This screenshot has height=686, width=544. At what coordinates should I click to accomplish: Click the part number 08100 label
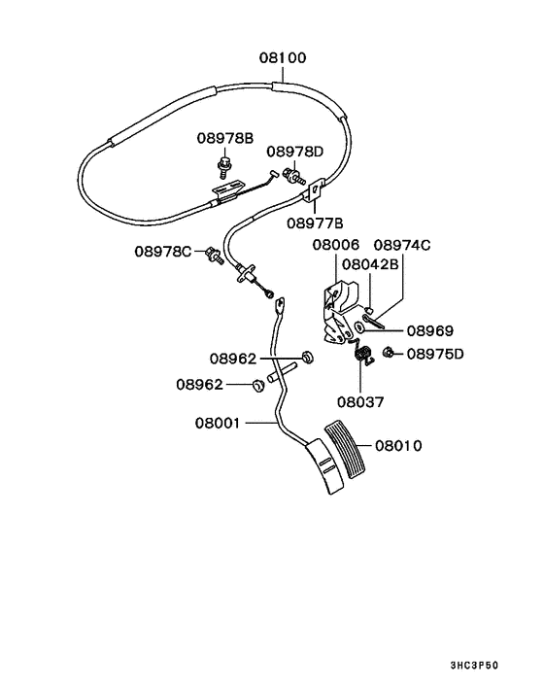coord(282,58)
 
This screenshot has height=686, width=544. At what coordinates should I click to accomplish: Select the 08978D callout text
coord(295,152)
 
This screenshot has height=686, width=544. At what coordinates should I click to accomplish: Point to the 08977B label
coord(315,222)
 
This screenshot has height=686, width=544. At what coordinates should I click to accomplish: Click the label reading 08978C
coord(163,252)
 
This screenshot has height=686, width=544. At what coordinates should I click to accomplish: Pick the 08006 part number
coord(335,246)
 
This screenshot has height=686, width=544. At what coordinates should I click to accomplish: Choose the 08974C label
coord(402,246)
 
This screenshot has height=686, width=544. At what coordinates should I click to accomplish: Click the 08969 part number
coord(429,330)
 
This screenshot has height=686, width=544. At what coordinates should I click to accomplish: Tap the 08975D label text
coord(435,353)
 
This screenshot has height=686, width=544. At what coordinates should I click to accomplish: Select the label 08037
coord(361,399)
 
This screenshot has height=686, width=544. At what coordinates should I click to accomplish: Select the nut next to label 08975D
coord(388,352)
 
